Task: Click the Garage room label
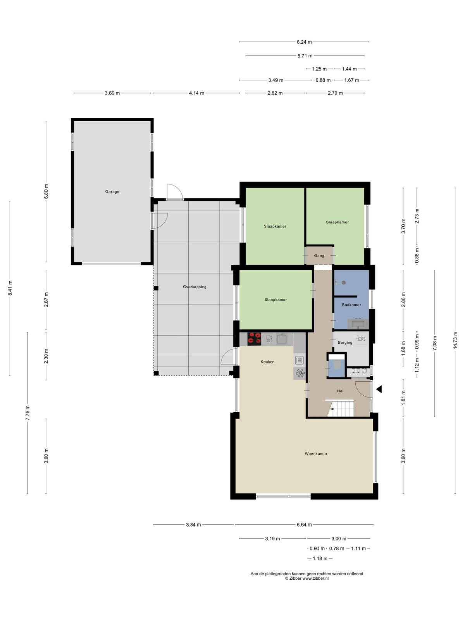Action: [112, 191]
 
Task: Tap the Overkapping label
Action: [195, 287]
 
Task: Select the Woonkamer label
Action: [316, 454]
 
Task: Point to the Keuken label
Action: [267, 362]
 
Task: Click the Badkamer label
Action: [351, 305]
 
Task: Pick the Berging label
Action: [345, 343]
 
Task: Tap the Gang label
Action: [319, 256]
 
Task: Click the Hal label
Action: [340, 391]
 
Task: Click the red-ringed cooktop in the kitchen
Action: [254, 339]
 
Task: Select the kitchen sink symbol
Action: [282, 339]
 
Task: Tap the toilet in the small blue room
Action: [336, 365]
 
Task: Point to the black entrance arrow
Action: [379, 389]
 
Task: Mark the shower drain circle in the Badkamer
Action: [344, 282]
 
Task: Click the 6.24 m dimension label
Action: [304, 42]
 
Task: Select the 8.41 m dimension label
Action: [10, 288]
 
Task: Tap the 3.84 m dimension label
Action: [193, 525]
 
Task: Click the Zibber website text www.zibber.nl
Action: [315, 578]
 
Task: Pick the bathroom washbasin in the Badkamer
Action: [358, 324]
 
